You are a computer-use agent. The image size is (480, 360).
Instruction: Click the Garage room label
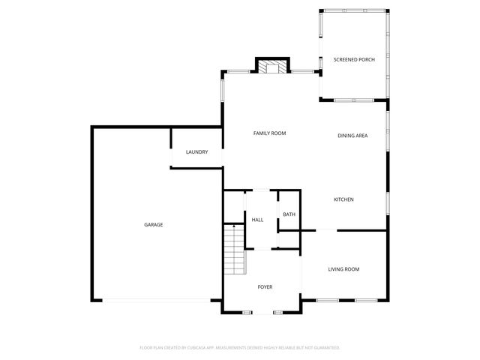click(154, 225)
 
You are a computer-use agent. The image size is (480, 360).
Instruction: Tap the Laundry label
click(196, 152)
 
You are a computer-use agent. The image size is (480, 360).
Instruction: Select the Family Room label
click(269, 133)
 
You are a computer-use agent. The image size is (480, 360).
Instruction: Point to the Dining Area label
click(352, 136)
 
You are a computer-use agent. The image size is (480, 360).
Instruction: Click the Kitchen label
click(343, 199)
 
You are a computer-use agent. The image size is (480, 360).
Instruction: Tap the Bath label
click(289, 215)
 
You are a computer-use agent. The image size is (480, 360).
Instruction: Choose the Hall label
click(257, 220)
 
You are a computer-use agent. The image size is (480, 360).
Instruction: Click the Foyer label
click(265, 287)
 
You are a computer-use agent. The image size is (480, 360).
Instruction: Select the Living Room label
click(343, 269)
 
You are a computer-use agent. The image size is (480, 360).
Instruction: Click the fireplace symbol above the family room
click(273, 67)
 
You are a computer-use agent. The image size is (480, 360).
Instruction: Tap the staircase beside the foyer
click(235, 250)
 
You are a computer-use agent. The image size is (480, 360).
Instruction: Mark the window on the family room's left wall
click(222, 91)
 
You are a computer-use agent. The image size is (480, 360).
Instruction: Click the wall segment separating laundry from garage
click(172, 139)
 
